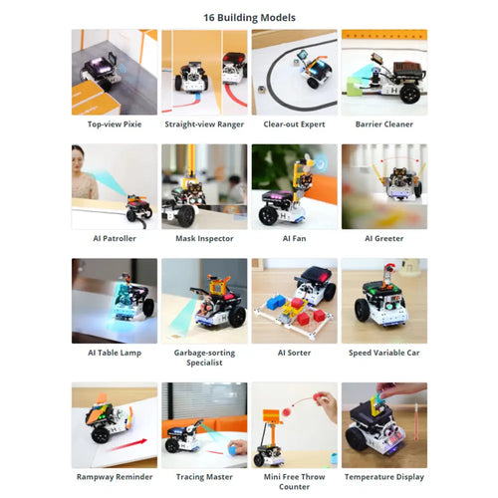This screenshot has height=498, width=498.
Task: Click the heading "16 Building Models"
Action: coord(249,18)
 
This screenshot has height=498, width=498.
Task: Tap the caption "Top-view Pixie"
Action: coord(115,124)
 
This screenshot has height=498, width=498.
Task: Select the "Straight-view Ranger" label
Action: coord(204,124)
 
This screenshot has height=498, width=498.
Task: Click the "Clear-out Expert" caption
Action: coord(294,124)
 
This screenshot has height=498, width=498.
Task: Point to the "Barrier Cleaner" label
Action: coord(384,124)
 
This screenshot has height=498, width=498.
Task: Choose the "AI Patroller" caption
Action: coord(115,238)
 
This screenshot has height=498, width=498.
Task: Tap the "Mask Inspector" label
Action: coord(204,238)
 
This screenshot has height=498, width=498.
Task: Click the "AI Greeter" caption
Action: coord(384,238)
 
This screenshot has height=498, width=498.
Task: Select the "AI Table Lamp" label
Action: coord(115,353)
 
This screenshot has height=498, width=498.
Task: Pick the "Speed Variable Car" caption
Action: coord(384,353)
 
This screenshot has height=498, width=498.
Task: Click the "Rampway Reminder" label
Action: coord(115,477)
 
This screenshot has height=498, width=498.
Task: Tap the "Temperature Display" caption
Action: coord(384,477)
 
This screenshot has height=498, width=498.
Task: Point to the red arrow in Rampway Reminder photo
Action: coord(128,445)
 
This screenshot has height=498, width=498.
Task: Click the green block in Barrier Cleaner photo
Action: coord(354,87)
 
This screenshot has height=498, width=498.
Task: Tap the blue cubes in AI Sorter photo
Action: coord(276,303)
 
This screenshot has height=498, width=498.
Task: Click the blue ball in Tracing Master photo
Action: coord(233,450)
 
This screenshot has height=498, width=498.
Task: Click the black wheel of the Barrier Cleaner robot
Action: coord(409,93)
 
